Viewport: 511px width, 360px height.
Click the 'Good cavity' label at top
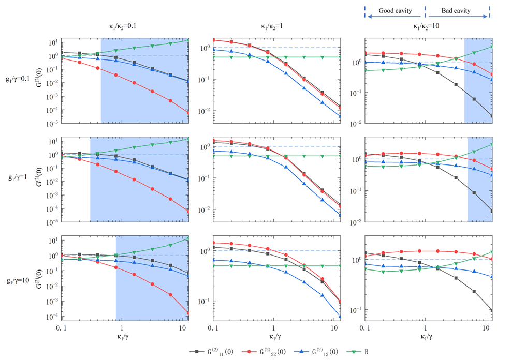396,10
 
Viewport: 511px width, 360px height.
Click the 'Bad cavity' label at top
457,10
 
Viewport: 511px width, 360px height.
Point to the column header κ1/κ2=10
427,25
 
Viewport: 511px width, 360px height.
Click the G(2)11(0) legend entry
214,351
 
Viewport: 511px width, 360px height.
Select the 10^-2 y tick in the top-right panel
357,123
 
